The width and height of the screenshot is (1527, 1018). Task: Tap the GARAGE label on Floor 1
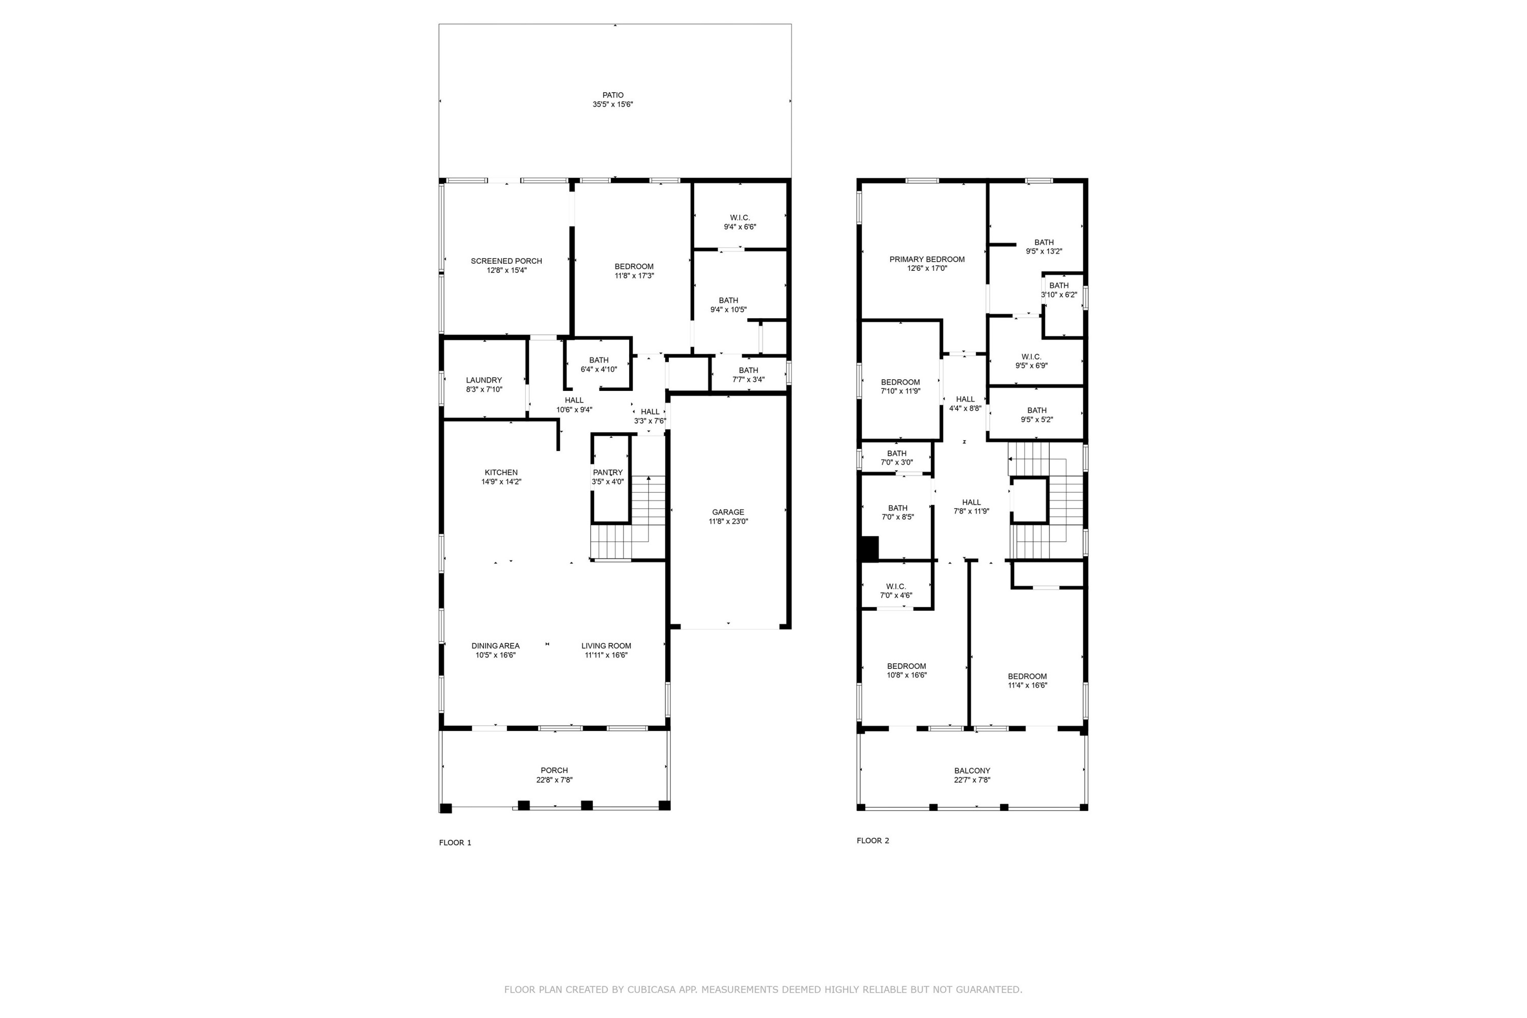tap(728, 512)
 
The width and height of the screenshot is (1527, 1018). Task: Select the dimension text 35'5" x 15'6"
tap(612, 104)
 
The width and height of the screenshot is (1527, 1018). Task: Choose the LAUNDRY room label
tap(484, 380)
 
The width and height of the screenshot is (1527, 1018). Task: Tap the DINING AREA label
tap(495, 646)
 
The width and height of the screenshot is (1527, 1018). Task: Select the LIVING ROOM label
tap(606, 646)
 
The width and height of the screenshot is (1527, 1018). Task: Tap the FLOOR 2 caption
tap(872, 841)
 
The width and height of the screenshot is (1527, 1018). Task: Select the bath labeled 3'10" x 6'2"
tap(1059, 286)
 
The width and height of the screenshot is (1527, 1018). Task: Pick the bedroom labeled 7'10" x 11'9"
tap(900, 382)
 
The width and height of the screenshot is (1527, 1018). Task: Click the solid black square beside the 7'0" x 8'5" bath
tap(869, 549)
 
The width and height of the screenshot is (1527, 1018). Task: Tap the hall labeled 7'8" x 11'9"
tap(971, 502)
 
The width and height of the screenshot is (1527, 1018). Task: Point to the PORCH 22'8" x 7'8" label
tap(554, 771)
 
